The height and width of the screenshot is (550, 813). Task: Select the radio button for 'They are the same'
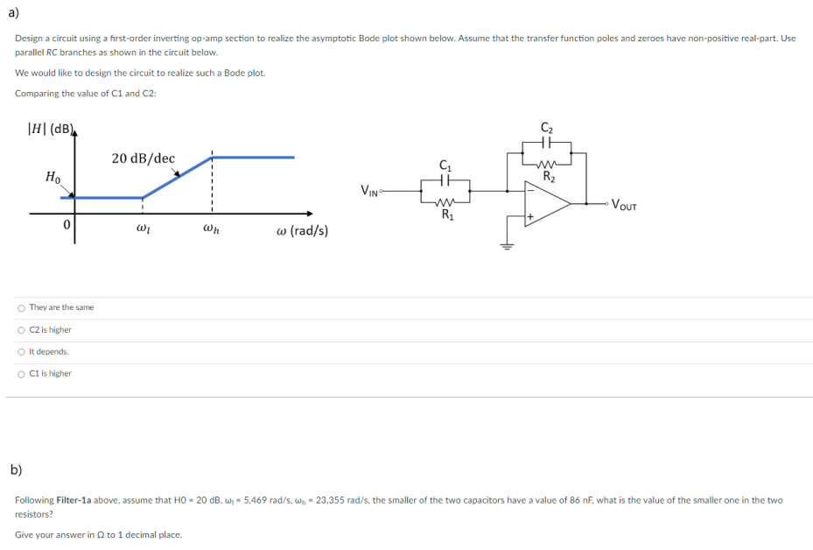[x=21, y=307]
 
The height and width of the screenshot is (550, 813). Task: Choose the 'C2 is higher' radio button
[x=21, y=330]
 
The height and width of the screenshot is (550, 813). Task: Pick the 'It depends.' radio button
[x=21, y=351]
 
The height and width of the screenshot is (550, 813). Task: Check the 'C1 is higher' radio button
[x=21, y=374]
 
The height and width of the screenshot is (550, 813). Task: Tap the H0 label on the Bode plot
[x=53, y=177]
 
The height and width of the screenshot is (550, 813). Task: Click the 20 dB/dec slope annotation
[x=144, y=159]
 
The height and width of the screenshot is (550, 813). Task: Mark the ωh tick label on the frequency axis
[x=211, y=231]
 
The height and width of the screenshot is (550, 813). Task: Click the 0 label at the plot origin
[x=66, y=226]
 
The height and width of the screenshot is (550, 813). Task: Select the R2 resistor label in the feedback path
[x=549, y=176]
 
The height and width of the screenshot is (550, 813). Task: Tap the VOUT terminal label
[x=624, y=206]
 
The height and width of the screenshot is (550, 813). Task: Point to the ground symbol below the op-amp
[x=506, y=247]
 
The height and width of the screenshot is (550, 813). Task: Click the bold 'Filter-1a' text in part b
[x=75, y=500]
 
